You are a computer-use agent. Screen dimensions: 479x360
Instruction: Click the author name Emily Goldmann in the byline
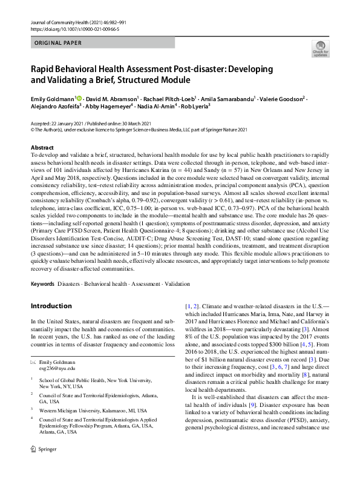(52, 97)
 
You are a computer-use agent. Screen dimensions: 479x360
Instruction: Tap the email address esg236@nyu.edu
(57, 368)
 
